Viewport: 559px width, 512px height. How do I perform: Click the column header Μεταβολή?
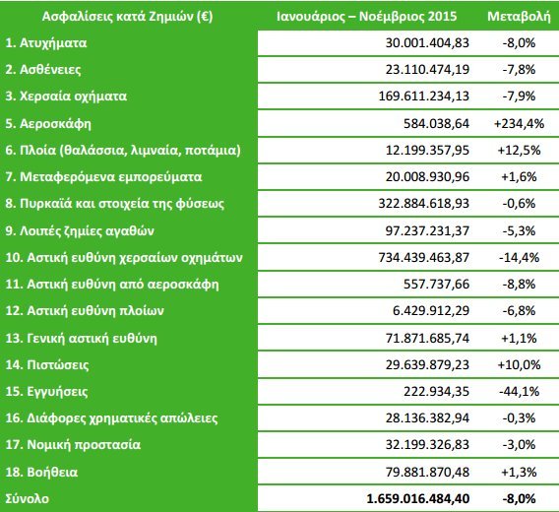[x=513, y=18]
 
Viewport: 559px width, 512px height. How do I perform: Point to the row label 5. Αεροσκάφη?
[x=47, y=124]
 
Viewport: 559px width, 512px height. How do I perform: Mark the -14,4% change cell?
[x=516, y=258]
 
